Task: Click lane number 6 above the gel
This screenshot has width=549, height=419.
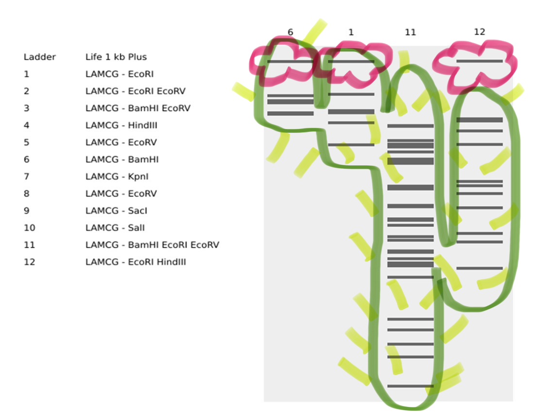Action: [290, 32]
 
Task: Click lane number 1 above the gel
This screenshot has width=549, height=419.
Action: [351, 32]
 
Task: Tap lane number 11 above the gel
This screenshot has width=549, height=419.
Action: [410, 32]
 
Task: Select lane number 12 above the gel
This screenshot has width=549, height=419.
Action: [479, 32]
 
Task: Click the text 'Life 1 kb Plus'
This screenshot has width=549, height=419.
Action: [116, 57]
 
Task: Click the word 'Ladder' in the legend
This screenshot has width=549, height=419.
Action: [40, 57]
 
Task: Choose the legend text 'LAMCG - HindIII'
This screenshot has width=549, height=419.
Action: [121, 125]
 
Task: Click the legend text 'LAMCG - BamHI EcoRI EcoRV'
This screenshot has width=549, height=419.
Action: [152, 245]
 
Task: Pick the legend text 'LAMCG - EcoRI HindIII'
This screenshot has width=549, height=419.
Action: [135, 262]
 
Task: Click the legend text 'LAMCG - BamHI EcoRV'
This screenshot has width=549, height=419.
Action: [138, 108]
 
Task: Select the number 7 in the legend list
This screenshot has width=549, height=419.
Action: [26, 177]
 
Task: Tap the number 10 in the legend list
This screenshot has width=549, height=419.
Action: [29, 227]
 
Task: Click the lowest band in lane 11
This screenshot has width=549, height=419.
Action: [410, 386]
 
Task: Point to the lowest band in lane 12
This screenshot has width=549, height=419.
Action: [479, 268]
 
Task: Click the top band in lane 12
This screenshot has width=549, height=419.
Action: [479, 61]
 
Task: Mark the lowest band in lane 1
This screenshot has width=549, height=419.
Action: [351, 145]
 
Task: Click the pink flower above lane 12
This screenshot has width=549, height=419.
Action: [475, 65]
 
